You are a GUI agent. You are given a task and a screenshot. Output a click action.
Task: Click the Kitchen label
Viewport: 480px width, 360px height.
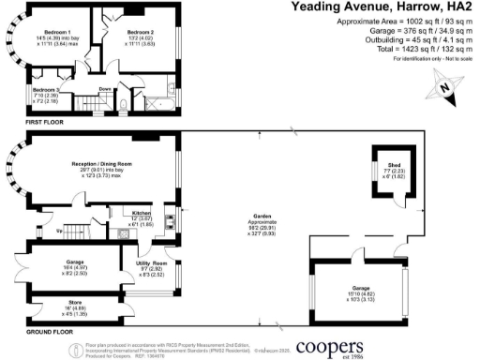point(142,212)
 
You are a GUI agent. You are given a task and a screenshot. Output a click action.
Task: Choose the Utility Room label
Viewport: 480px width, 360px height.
point(138,263)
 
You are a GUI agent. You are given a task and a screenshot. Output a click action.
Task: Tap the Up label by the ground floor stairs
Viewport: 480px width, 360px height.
point(62,229)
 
